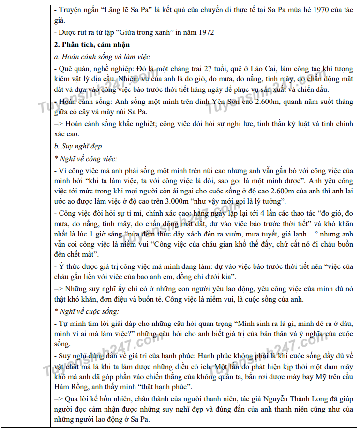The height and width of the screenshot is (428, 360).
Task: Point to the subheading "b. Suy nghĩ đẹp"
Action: coord(78,146)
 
